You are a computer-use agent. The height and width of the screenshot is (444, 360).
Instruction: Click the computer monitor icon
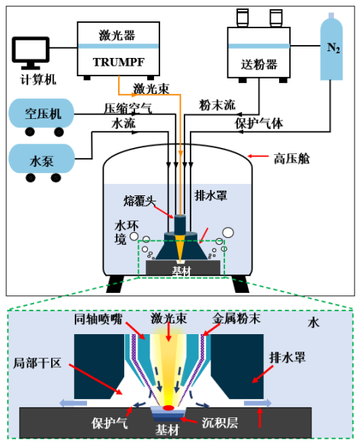click(31, 53)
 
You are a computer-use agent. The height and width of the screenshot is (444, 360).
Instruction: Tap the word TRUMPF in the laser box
click(118, 62)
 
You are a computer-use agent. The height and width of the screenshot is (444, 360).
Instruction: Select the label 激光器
click(117, 35)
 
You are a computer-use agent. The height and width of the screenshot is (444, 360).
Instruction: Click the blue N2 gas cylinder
click(332, 47)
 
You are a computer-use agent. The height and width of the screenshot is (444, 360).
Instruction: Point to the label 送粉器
click(259, 65)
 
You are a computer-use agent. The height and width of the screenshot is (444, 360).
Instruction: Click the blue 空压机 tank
click(41, 113)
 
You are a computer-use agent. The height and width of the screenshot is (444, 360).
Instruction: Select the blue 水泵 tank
click(41, 159)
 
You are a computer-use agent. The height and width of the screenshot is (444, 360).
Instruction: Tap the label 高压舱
click(291, 159)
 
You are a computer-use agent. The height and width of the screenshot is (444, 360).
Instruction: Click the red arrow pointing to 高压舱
click(258, 156)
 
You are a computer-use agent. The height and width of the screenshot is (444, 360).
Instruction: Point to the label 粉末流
click(217, 105)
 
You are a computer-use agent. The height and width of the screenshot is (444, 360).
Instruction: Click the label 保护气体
click(259, 124)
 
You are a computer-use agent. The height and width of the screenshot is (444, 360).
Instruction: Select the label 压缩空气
click(128, 108)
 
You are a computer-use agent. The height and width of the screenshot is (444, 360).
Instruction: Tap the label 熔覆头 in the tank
click(140, 201)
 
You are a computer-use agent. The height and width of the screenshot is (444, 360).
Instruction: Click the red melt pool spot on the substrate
click(169, 407)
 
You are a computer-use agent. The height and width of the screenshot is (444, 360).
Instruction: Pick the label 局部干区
click(37, 362)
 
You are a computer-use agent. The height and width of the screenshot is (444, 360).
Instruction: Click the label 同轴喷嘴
click(98, 319)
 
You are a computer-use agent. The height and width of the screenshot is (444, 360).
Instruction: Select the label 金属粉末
click(236, 319)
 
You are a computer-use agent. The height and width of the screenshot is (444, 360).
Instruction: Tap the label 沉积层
click(220, 423)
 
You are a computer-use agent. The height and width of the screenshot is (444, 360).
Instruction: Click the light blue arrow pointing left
click(73, 403)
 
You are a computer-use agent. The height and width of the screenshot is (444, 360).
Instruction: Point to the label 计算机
click(38, 79)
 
